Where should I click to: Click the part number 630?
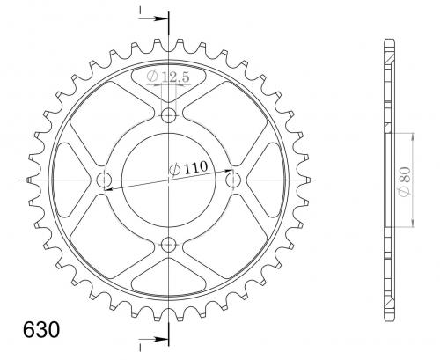point(41,329)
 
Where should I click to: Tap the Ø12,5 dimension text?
point(168,77)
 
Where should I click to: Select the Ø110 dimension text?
point(188,168)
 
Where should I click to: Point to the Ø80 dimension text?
point(406,181)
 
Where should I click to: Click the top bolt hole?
point(169,115)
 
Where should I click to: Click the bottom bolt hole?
point(169,245)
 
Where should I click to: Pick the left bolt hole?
point(104,180)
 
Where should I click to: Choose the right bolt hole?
point(233,180)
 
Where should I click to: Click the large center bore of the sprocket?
point(169,180)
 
